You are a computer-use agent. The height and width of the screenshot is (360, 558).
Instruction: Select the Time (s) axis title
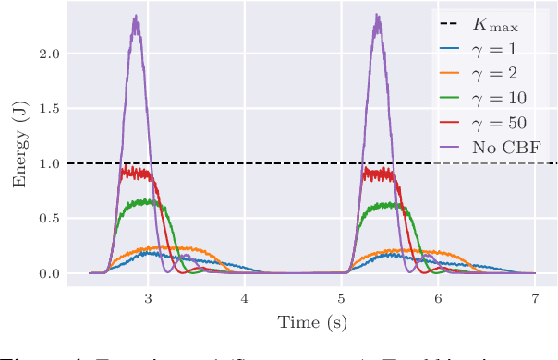(x=311, y=322)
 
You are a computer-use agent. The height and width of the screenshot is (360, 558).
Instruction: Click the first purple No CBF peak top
(x=136, y=17)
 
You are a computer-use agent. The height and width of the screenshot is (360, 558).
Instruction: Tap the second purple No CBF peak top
(x=378, y=16)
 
